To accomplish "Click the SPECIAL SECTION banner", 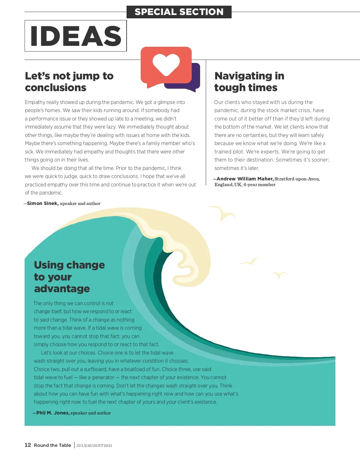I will (x=179, y=12).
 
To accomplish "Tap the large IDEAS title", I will (x=76, y=36).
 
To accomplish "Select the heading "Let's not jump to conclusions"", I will (x=69, y=82).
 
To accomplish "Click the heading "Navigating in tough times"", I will (x=249, y=82).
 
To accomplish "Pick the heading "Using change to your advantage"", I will (x=69, y=277).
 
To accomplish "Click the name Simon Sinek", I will (x=43, y=203).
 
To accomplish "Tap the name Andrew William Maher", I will (x=245, y=179).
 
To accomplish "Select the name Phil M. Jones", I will (x=53, y=413).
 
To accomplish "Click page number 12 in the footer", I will (x=28, y=445).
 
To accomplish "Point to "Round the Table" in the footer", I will (x=52, y=445).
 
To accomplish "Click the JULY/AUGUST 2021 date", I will (x=94, y=446).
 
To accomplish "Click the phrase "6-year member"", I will (x=259, y=185).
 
